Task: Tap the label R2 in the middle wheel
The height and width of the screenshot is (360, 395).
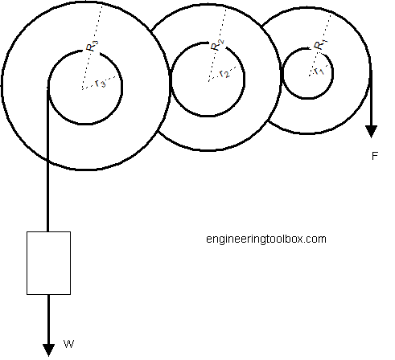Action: click(216, 45)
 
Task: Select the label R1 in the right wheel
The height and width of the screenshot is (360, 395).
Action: click(321, 43)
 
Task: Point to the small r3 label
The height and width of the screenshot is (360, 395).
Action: click(100, 83)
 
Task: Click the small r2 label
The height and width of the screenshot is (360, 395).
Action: click(224, 75)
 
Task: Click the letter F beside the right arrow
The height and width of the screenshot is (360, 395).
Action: click(375, 156)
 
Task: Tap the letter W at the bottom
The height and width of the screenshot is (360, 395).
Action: click(69, 345)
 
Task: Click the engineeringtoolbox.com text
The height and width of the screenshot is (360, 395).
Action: click(265, 239)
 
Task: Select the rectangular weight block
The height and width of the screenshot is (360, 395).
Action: click(48, 263)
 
